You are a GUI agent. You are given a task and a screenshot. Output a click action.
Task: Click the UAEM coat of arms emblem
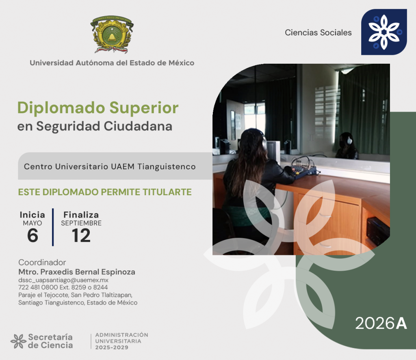click(112, 34)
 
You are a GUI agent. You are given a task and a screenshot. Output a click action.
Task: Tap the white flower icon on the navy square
click(384, 32)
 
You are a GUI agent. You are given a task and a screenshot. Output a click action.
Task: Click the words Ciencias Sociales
click(318, 32)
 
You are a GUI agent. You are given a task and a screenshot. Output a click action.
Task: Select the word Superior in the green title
click(144, 108)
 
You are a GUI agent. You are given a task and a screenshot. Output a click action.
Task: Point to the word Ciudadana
click(138, 126)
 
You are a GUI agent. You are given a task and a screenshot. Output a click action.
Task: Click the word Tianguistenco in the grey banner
click(167, 166)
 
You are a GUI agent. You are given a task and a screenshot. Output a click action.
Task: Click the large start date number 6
click(32, 235)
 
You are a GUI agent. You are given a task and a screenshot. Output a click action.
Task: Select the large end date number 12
click(81, 235)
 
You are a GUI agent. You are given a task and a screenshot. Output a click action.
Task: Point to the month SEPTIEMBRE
click(81, 223)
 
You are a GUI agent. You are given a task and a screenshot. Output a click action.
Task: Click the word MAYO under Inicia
click(32, 223)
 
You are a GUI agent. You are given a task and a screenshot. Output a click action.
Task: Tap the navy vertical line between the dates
click(53, 227)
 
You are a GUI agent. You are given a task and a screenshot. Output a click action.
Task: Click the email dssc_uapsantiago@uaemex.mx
click(63, 280)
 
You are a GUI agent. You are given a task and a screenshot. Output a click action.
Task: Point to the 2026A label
click(381, 323)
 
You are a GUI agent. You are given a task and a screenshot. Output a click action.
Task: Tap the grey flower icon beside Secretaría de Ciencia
click(18, 341)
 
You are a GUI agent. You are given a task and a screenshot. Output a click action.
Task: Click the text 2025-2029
click(112, 347)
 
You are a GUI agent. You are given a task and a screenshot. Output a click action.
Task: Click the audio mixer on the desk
click(304, 169)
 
